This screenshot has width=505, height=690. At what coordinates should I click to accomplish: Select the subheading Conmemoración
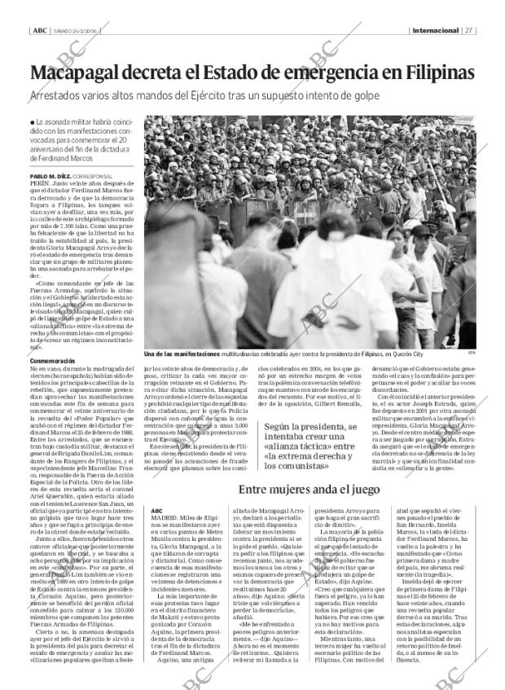coord(52,361)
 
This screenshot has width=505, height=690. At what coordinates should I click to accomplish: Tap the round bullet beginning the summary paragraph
coord(32,122)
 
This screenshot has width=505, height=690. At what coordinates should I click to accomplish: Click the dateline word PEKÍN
coord(40,184)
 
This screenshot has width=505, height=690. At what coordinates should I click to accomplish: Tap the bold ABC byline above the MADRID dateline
coord(156,488)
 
